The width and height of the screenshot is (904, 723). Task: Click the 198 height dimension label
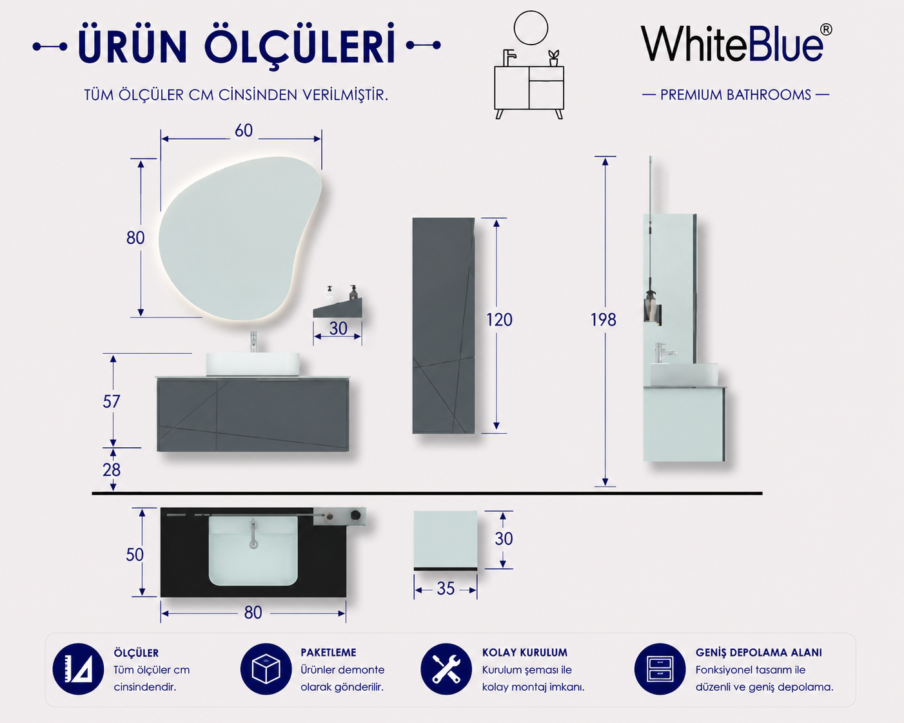(604, 320)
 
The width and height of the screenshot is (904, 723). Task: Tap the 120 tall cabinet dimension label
(499, 320)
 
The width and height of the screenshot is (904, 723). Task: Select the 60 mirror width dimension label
(244, 131)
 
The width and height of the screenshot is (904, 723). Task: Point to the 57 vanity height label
(112, 402)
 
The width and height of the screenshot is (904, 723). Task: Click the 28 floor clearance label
(112, 470)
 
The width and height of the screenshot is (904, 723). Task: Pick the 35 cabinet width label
(446, 588)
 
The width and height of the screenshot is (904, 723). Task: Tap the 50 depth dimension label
(135, 555)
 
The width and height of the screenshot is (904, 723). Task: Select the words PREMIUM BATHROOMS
(736, 95)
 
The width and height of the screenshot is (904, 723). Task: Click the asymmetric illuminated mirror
(239, 239)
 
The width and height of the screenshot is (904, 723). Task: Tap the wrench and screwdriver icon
(446, 669)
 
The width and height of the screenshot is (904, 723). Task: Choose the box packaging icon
(266, 669)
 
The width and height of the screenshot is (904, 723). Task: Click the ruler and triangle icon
(78, 669)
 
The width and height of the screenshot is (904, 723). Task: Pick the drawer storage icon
(660, 669)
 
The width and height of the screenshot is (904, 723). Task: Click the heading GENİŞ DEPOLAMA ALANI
(759, 653)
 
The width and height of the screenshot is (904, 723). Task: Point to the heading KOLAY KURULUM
(525, 653)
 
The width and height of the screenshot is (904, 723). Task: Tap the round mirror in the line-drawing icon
(531, 11)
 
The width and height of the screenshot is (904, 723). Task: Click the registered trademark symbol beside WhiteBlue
(826, 30)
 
